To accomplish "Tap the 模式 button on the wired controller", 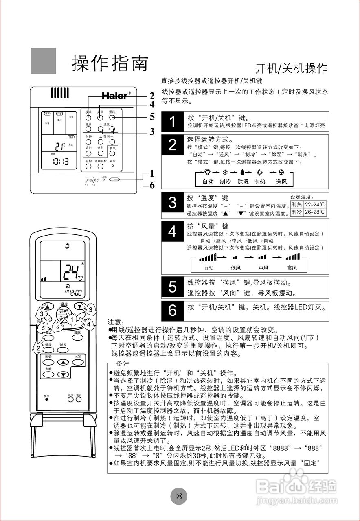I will (x=88, y=117).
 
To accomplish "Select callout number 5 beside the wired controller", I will (x=152, y=117).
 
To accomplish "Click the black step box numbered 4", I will (x=173, y=232).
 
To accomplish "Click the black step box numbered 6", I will (x=173, y=310).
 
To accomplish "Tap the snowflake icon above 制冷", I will (x=224, y=173).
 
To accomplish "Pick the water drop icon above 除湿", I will (x=243, y=173).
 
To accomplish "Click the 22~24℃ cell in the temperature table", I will (x=315, y=204).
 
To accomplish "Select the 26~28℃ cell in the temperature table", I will (x=315, y=212).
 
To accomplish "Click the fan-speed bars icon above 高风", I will (x=292, y=257).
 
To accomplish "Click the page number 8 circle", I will (x=179, y=496).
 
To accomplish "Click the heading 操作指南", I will (x=109, y=63).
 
